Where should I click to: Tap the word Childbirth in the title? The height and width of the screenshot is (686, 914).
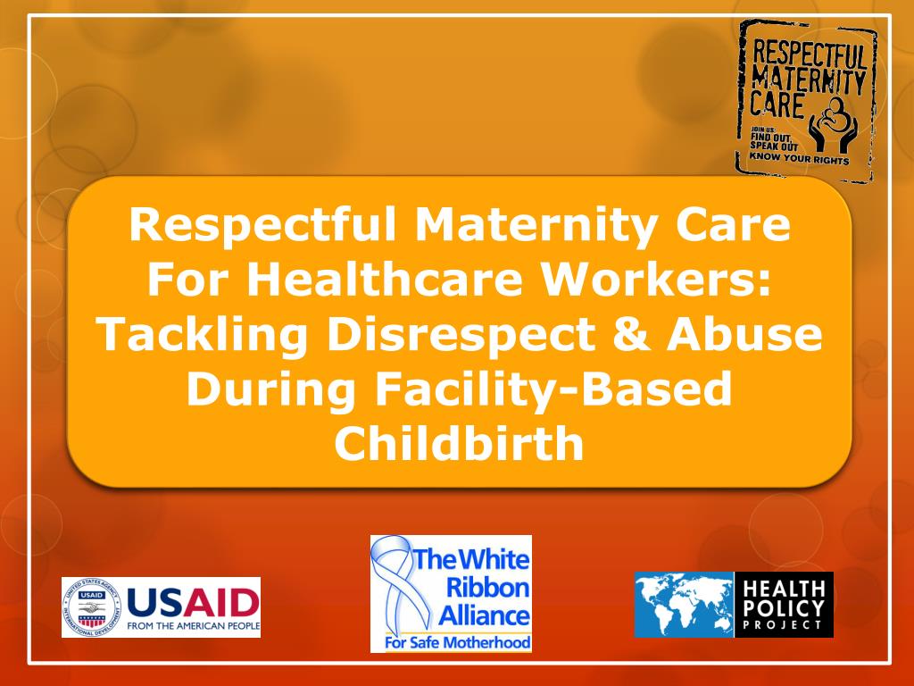pos(459,444)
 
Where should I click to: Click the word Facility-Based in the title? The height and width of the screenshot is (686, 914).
pos(553,389)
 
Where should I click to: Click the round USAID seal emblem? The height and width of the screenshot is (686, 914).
pos(89,607)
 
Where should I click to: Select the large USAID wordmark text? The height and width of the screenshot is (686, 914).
pos(193,600)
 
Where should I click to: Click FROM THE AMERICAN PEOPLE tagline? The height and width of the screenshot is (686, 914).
pos(193,626)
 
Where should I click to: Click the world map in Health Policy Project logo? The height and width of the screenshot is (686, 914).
pos(684,605)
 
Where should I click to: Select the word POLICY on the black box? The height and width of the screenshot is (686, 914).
pos(783,607)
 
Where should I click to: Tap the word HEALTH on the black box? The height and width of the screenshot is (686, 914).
pos(783,589)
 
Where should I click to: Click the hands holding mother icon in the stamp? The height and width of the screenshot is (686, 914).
pos(830,124)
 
